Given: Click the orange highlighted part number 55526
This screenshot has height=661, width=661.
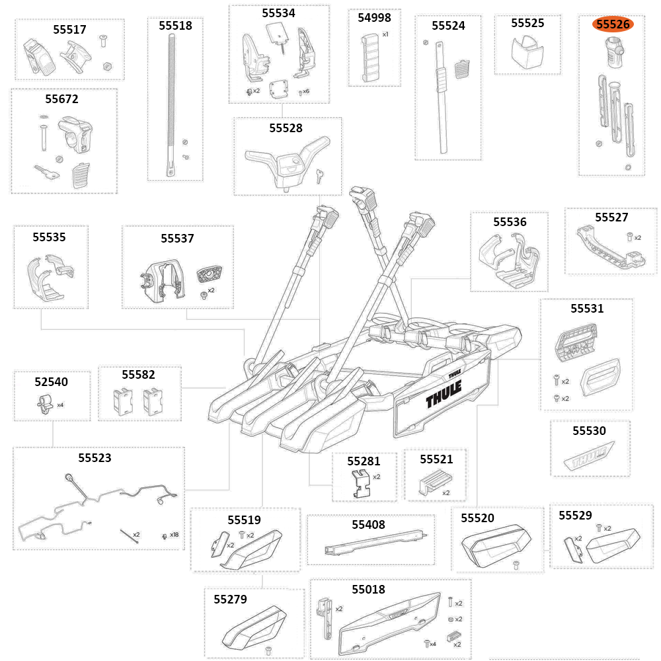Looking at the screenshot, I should (x=612, y=24).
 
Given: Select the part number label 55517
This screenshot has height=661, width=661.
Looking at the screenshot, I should (x=69, y=30).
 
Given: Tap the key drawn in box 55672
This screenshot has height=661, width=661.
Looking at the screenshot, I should (x=47, y=173).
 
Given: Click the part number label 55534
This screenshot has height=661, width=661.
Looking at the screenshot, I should (x=278, y=13).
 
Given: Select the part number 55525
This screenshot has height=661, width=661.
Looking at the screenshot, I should (x=527, y=23).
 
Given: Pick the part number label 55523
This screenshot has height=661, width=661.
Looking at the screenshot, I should (x=95, y=457).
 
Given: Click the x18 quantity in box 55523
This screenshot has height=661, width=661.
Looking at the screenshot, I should (x=174, y=535).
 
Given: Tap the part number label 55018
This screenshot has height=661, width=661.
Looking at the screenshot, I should (x=368, y=589).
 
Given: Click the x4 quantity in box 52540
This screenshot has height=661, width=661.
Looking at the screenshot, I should (x=60, y=405).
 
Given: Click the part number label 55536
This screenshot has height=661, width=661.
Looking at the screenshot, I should (x=510, y=222).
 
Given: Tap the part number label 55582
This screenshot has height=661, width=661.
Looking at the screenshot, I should (x=138, y=375).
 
